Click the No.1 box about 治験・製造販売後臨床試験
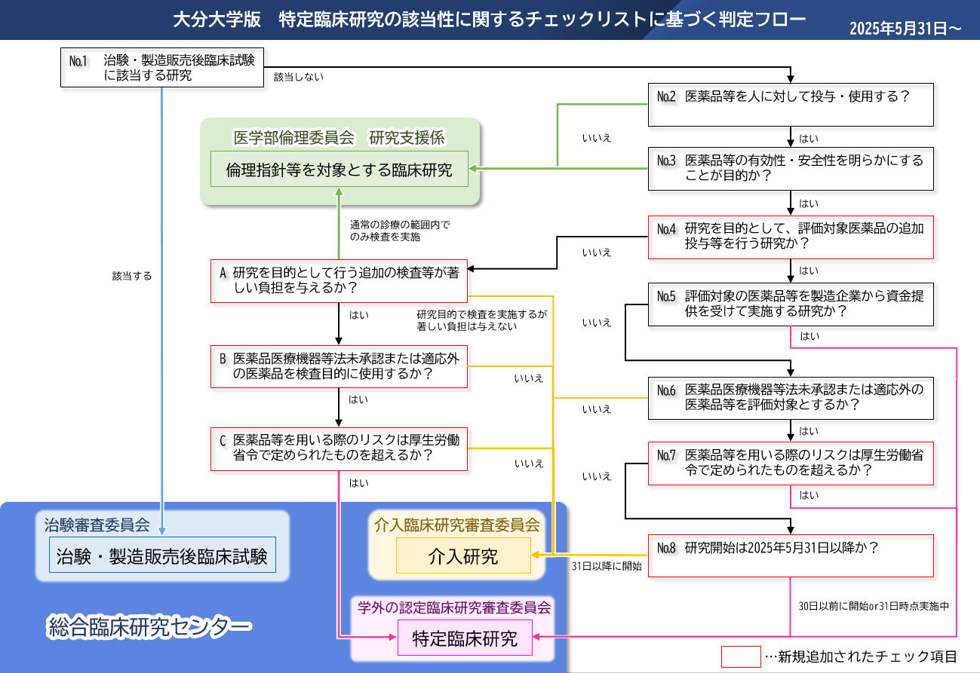tap(162, 67)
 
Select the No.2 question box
tap(791, 105)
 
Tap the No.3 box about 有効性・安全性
tap(791, 169)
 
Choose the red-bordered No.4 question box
tap(791, 237)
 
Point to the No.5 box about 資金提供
tap(791, 304)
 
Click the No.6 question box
tap(791, 398)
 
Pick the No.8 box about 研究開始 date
tap(791, 555)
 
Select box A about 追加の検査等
tap(339, 281)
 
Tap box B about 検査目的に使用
tap(339, 367)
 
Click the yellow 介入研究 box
tap(463, 555)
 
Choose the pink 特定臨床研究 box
tap(465, 638)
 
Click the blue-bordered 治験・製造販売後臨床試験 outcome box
tap(162, 555)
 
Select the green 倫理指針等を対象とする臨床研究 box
tap(339, 169)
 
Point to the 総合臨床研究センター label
tap(149, 627)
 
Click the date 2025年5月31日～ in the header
tap(905, 29)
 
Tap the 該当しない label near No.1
tap(299, 77)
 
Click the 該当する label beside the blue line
tap(132, 276)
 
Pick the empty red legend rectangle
tap(741, 656)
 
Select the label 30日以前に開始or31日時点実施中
tap(874, 606)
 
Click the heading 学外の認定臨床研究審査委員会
tap(453, 607)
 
